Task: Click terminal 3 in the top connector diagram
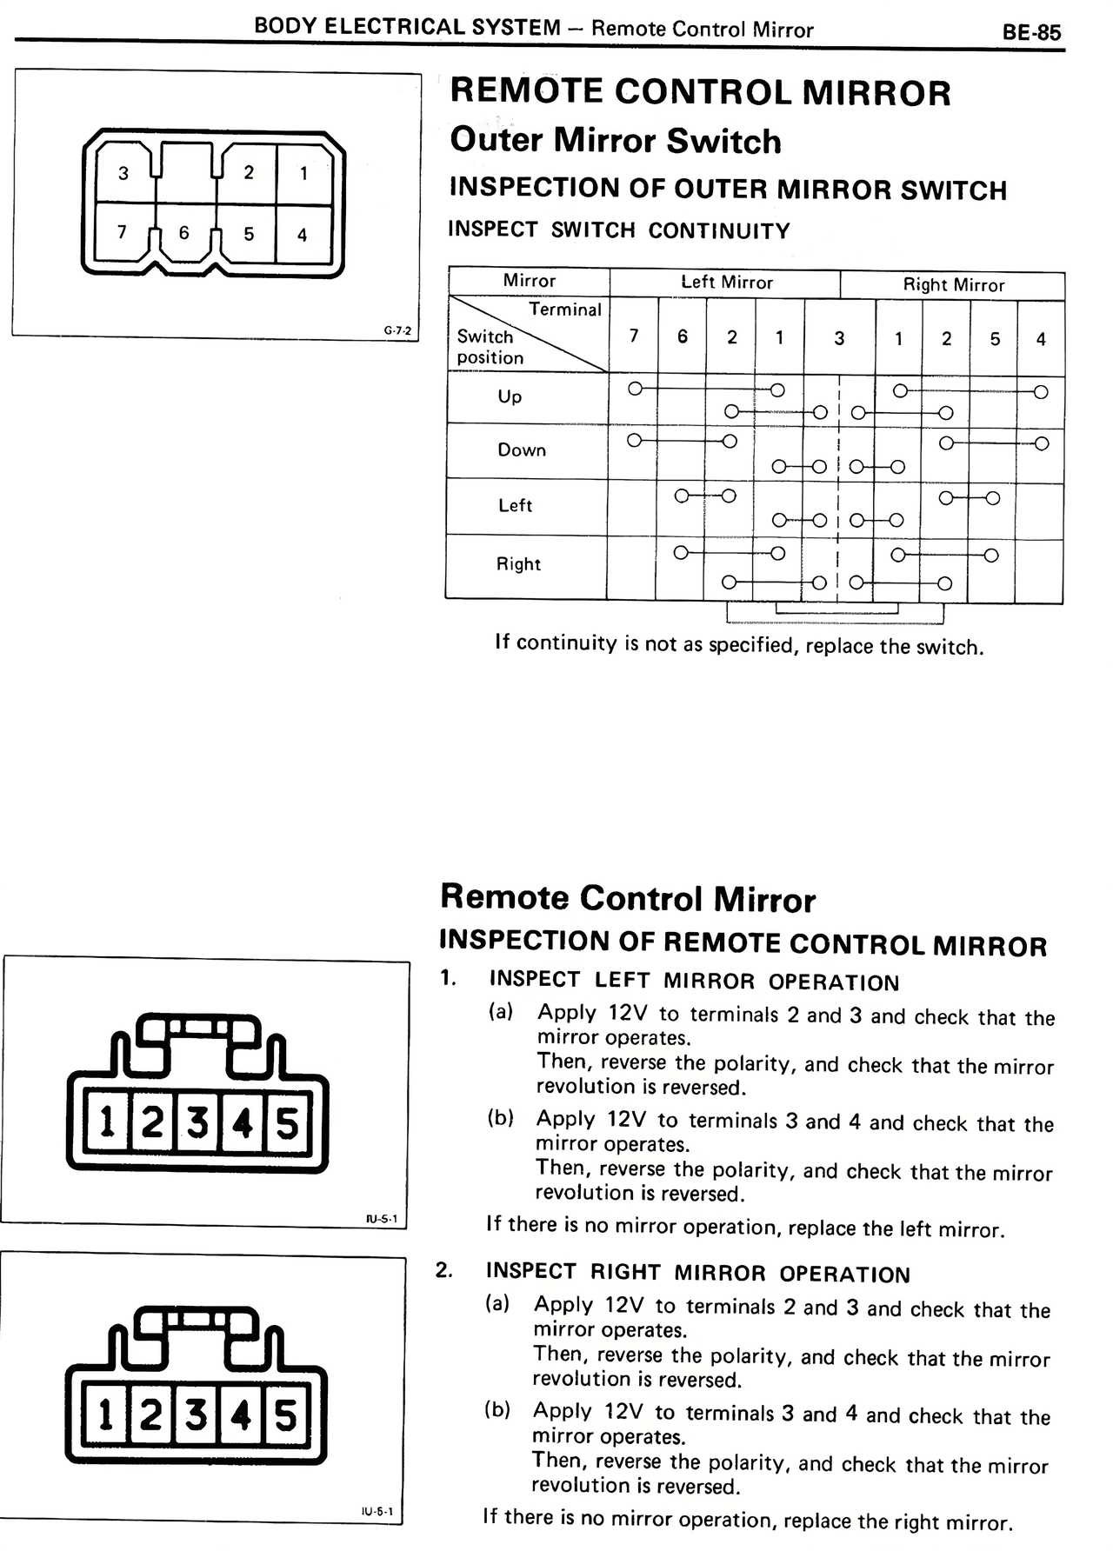tap(123, 173)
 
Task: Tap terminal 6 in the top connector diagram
tap(183, 233)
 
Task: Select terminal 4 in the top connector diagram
tap(302, 235)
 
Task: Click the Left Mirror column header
tap(726, 283)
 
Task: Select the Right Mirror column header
tap(953, 284)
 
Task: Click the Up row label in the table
tap(510, 396)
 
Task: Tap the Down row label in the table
tap(522, 449)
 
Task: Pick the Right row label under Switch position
tap(518, 563)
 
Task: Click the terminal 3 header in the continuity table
tap(839, 338)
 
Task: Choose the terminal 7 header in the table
tap(634, 336)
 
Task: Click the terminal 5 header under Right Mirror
tap(995, 339)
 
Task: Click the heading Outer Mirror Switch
tap(616, 141)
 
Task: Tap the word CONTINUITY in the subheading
tap(719, 231)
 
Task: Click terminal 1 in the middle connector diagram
tap(107, 1123)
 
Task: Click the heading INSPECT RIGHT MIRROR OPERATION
tap(698, 1274)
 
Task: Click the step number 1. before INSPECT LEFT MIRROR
tap(448, 978)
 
